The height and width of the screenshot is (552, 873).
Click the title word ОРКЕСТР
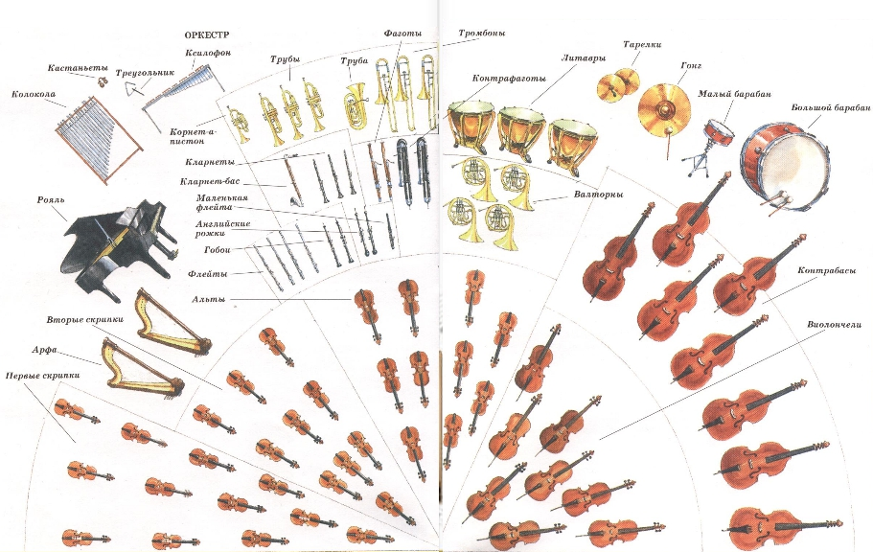point(207,34)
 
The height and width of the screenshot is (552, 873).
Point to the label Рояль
point(51,199)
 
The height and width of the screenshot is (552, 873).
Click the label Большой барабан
point(831,107)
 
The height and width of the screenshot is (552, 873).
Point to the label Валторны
point(598,195)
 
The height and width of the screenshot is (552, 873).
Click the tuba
point(356,105)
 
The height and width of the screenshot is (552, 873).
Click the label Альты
point(209,299)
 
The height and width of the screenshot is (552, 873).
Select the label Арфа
point(44,350)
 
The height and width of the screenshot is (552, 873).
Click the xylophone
point(184,90)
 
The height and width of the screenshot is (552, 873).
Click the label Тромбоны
point(482,33)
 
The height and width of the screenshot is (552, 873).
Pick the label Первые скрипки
point(42,376)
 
